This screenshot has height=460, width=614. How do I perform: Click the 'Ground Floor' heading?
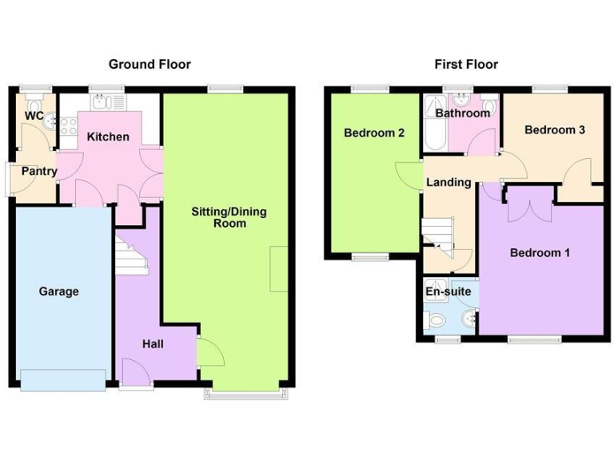150,64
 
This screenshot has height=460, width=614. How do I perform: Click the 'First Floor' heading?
466,64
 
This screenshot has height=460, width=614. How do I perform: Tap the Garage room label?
59,291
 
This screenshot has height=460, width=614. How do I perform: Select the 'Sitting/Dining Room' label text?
229,217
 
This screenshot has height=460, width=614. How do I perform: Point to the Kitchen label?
108,137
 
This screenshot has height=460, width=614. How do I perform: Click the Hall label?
153,343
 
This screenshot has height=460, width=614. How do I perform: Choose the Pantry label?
38,171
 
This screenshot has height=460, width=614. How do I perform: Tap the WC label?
34,116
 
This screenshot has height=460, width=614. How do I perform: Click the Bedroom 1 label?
540,253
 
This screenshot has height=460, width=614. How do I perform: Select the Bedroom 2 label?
374,133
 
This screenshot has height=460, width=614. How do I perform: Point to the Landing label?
448,182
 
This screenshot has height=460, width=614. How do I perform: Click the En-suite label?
448,291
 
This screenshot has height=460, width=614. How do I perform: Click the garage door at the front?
64,380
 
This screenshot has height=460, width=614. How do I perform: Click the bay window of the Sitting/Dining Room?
244,394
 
